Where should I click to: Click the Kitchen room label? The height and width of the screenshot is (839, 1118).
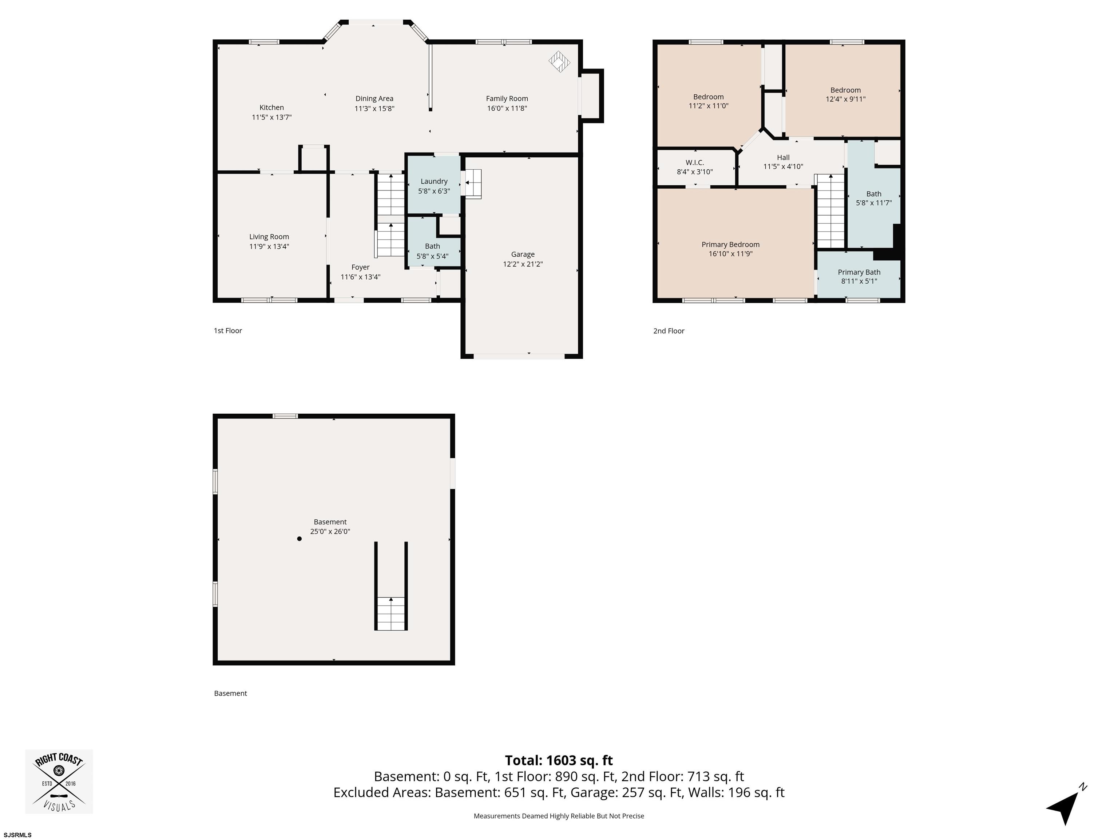(x=271, y=107)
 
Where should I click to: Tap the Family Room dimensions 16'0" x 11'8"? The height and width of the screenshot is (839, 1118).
(x=507, y=108)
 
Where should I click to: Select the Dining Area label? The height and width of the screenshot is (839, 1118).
(x=374, y=99)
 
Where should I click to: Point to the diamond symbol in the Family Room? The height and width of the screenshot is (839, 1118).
(x=559, y=62)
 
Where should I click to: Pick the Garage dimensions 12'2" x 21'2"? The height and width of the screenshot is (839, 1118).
(x=523, y=264)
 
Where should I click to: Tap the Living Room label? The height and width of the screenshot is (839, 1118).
(x=269, y=237)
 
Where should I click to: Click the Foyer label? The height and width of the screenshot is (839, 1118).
(x=360, y=267)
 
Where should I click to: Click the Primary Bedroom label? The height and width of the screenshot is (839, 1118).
(x=730, y=245)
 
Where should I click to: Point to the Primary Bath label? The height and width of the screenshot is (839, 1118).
(x=859, y=272)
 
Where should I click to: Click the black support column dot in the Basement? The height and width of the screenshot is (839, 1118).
(x=299, y=539)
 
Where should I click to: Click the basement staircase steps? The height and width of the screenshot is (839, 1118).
(x=391, y=614)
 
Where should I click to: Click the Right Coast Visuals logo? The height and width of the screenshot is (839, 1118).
(x=59, y=782)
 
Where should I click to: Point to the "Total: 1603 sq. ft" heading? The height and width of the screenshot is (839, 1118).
(x=559, y=761)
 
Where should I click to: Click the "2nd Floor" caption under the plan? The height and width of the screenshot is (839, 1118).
(x=669, y=331)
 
